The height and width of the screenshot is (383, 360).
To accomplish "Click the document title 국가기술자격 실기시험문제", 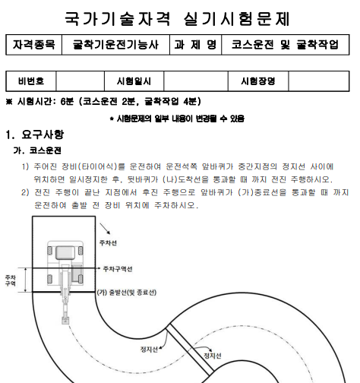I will point(179,17).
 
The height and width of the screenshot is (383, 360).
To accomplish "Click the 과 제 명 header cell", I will point(195,46).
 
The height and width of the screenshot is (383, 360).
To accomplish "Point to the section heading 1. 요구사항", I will point(34,135).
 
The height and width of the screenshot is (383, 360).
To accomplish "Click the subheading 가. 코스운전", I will point(38,150).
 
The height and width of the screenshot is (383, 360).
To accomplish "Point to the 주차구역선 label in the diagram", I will point(118,268).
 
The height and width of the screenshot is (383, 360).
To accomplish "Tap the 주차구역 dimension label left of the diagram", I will point(11,280).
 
